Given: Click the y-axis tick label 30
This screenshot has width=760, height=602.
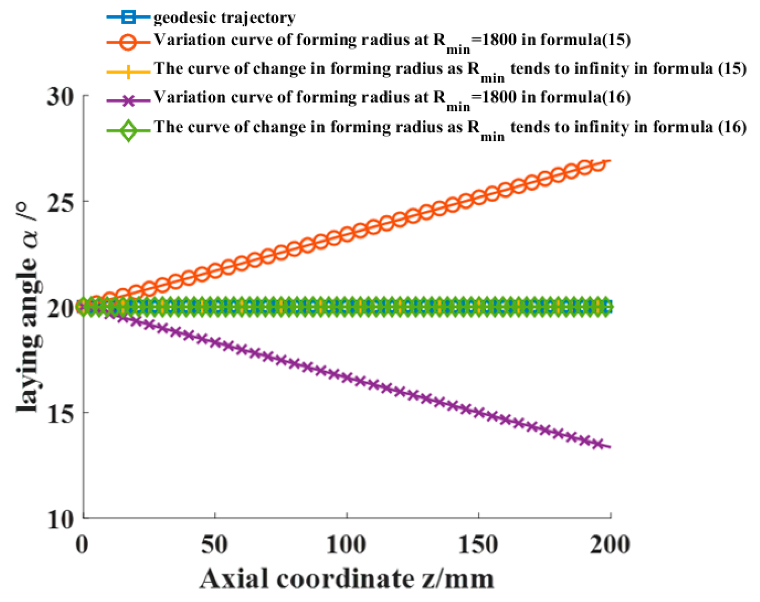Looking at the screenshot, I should coord(60,96).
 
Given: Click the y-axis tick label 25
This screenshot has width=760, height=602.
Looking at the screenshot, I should coord(60,202).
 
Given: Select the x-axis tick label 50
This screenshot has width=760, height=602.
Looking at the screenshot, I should coord(214,545).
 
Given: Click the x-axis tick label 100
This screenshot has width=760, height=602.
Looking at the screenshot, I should coord(346,545).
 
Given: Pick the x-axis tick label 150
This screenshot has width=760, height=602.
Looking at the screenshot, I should coord(478,545).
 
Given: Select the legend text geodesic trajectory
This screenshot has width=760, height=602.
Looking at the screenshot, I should coord(224,17).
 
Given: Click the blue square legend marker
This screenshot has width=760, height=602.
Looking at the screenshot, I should coord(128,17).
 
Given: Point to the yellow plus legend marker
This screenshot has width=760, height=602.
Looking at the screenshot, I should coord(128,71).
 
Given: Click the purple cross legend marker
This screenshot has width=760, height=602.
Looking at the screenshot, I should coord(128,101).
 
